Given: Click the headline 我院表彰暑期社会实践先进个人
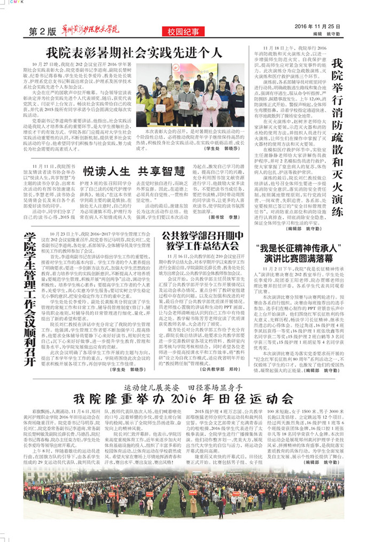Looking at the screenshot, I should pyautogui.click(x=134, y=52).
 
